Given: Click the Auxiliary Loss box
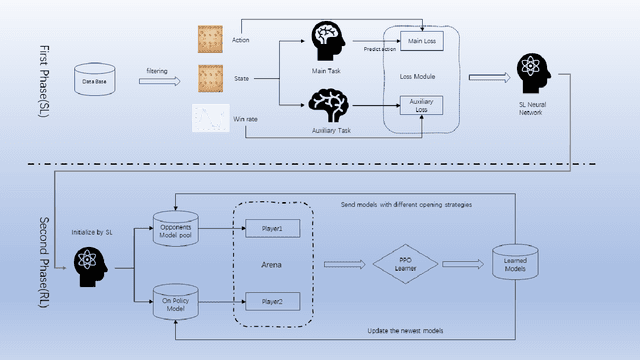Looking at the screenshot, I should pyautogui.click(x=420, y=104).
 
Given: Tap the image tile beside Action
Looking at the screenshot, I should pyautogui.click(x=209, y=39).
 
